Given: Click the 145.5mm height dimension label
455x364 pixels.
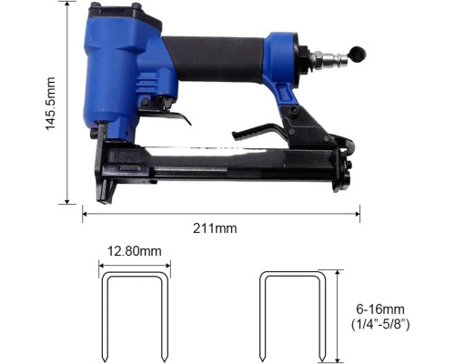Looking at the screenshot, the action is pos(50,104).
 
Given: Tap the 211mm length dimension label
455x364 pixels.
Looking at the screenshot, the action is pos(215,228).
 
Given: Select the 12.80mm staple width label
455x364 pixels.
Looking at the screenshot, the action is pos(135,251).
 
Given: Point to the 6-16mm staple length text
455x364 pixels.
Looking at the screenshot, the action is pos(380,309).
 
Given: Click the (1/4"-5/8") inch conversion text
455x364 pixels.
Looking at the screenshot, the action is pos(380,325).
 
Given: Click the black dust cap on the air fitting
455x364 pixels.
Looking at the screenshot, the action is pos(358,54).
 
